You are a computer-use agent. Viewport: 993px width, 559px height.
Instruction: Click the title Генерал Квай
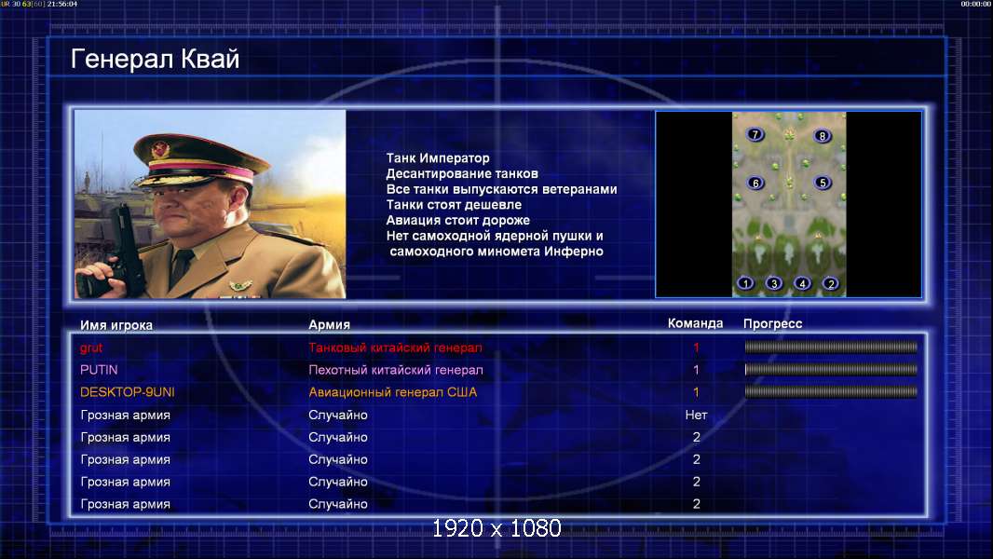pyautogui.click(x=156, y=60)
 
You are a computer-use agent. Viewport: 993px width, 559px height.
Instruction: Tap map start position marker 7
pyautogui.click(x=755, y=134)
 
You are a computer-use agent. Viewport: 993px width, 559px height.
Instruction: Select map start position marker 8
pyautogui.click(x=822, y=135)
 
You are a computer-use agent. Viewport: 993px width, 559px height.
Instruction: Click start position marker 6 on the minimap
pyautogui.click(x=755, y=183)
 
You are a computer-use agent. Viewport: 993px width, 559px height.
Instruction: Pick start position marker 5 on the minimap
pyautogui.click(x=822, y=183)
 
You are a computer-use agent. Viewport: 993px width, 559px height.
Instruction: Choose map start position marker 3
pyautogui.click(x=774, y=283)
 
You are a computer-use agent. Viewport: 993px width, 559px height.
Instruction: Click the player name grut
pyautogui.click(x=91, y=348)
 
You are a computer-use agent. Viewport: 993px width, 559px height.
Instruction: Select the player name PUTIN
pyautogui.click(x=99, y=370)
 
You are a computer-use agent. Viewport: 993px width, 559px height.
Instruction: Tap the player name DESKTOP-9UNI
pyautogui.click(x=128, y=392)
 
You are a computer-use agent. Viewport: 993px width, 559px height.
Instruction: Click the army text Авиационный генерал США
pyautogui.click(x=393, y=392)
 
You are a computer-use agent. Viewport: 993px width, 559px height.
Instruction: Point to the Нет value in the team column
pyautogui.click(x=696, y=415)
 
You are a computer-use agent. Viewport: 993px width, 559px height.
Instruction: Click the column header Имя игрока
pyautogui.click(x=116, y=325)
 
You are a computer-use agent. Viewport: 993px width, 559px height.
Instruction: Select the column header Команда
pyautogui.click(x=695, y=323)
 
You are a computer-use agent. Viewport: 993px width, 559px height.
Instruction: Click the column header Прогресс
pyautogui.click(x=772, y=323)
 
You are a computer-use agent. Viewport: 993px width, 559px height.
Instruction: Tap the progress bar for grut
pyautogui.click(x=831, y=347)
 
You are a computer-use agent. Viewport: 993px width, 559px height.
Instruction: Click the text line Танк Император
pyautogui.click(x=438, y=157)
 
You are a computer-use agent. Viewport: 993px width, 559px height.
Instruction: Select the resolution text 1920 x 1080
pyautogui.click(x=496, y=528)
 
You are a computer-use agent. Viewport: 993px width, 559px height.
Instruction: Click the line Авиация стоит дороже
pyautogui.click(x=458, y=220)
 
